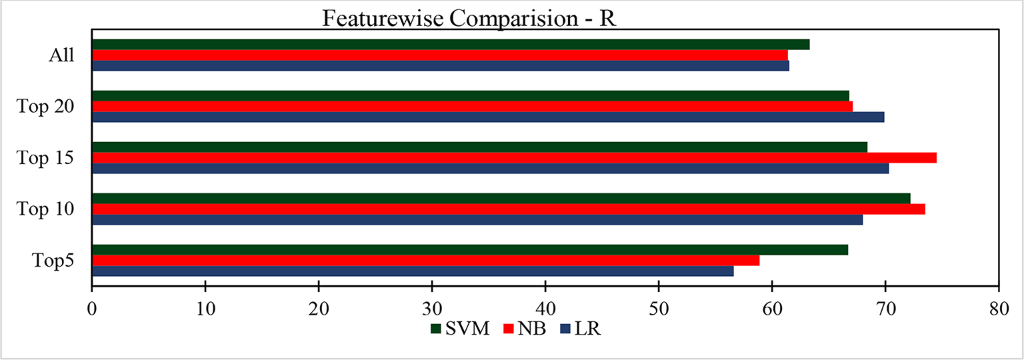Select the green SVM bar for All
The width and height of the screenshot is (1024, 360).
click(x=450, y=45)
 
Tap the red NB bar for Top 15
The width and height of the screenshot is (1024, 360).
click(x=513, y=158)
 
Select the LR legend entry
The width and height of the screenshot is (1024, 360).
click(x=581, y=329)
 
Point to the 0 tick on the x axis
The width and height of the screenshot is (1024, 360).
click(x=92, y=310)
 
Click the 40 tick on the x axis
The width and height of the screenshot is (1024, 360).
click(x=545, y=310)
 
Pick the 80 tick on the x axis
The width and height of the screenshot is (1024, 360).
click(x=998, y=310)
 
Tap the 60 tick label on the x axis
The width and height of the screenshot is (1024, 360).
click(x=772, y=310)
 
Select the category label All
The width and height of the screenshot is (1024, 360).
click(x=61, y=56)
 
